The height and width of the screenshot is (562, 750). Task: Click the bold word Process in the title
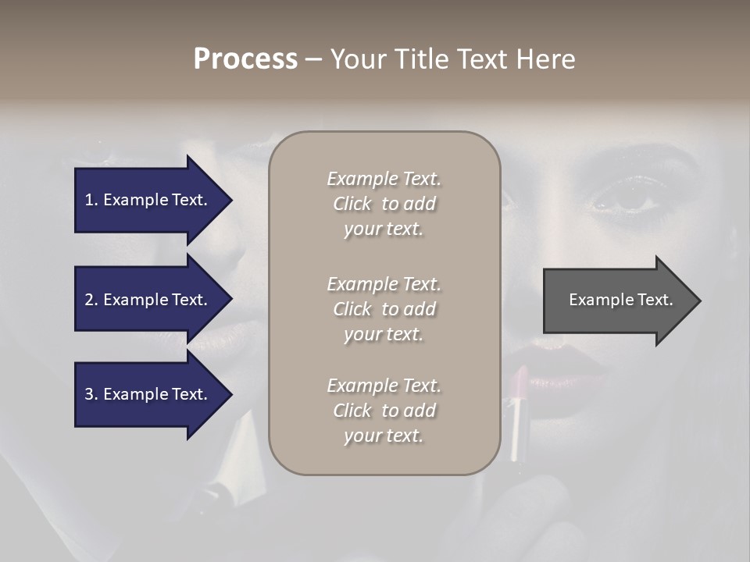245,59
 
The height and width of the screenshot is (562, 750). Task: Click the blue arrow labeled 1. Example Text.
145,200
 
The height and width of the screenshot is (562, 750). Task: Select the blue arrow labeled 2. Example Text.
145,300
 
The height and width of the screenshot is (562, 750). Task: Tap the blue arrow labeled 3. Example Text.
145,394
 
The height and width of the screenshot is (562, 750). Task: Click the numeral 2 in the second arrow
89,300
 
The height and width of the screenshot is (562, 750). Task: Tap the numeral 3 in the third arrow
89,394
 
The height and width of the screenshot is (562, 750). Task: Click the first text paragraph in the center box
384,204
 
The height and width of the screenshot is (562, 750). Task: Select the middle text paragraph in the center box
384,309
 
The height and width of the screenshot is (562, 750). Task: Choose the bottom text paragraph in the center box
384,411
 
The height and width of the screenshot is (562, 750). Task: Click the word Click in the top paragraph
352,204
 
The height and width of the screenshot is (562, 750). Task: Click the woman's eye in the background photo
633,198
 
